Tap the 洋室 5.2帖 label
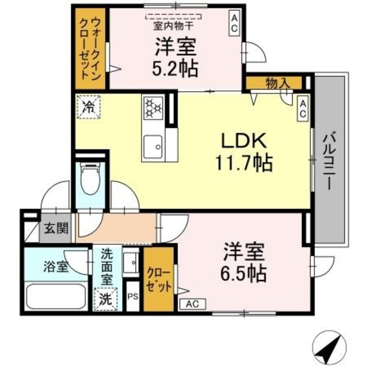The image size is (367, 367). [x=175, y=57]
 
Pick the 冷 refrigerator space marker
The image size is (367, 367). [x=88, y=106]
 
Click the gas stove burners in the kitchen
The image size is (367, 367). [x=154, y=107]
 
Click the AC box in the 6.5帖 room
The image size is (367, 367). [x=192, y=304]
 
